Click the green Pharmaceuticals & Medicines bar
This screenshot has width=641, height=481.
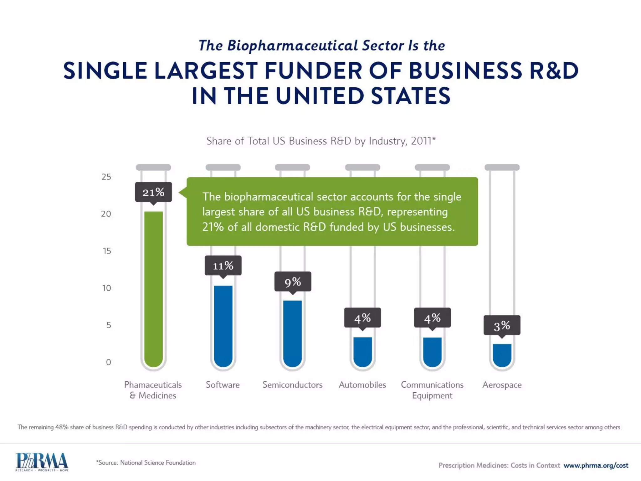153,288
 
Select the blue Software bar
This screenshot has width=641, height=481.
223,326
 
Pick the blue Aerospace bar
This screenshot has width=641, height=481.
502,355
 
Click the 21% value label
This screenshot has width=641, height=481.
153,192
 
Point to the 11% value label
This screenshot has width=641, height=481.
223,266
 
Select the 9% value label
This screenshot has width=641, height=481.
293,282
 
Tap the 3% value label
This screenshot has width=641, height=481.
502,325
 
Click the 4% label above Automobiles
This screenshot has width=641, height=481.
362,318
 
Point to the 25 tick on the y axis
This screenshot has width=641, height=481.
106,177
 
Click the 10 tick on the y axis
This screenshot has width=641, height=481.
106,288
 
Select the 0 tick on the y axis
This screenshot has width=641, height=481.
108,362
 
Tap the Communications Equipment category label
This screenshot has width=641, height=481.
432,390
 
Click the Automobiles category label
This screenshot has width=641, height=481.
362,385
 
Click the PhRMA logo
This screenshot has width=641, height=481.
42,462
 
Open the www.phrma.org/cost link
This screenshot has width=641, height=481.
596,465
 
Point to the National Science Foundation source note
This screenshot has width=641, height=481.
146,463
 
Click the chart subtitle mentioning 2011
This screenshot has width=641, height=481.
321,141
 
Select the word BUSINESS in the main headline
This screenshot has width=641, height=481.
465,70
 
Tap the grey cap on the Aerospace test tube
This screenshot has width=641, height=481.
502,168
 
